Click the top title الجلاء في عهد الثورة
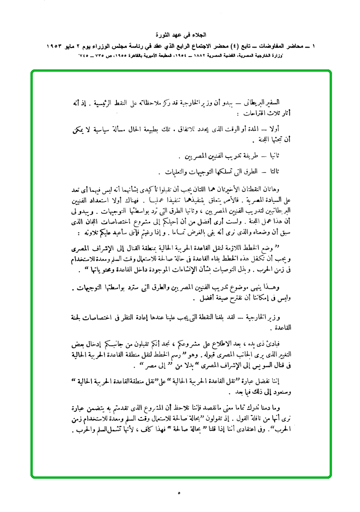pyautogui.click(x=180, y=35)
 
